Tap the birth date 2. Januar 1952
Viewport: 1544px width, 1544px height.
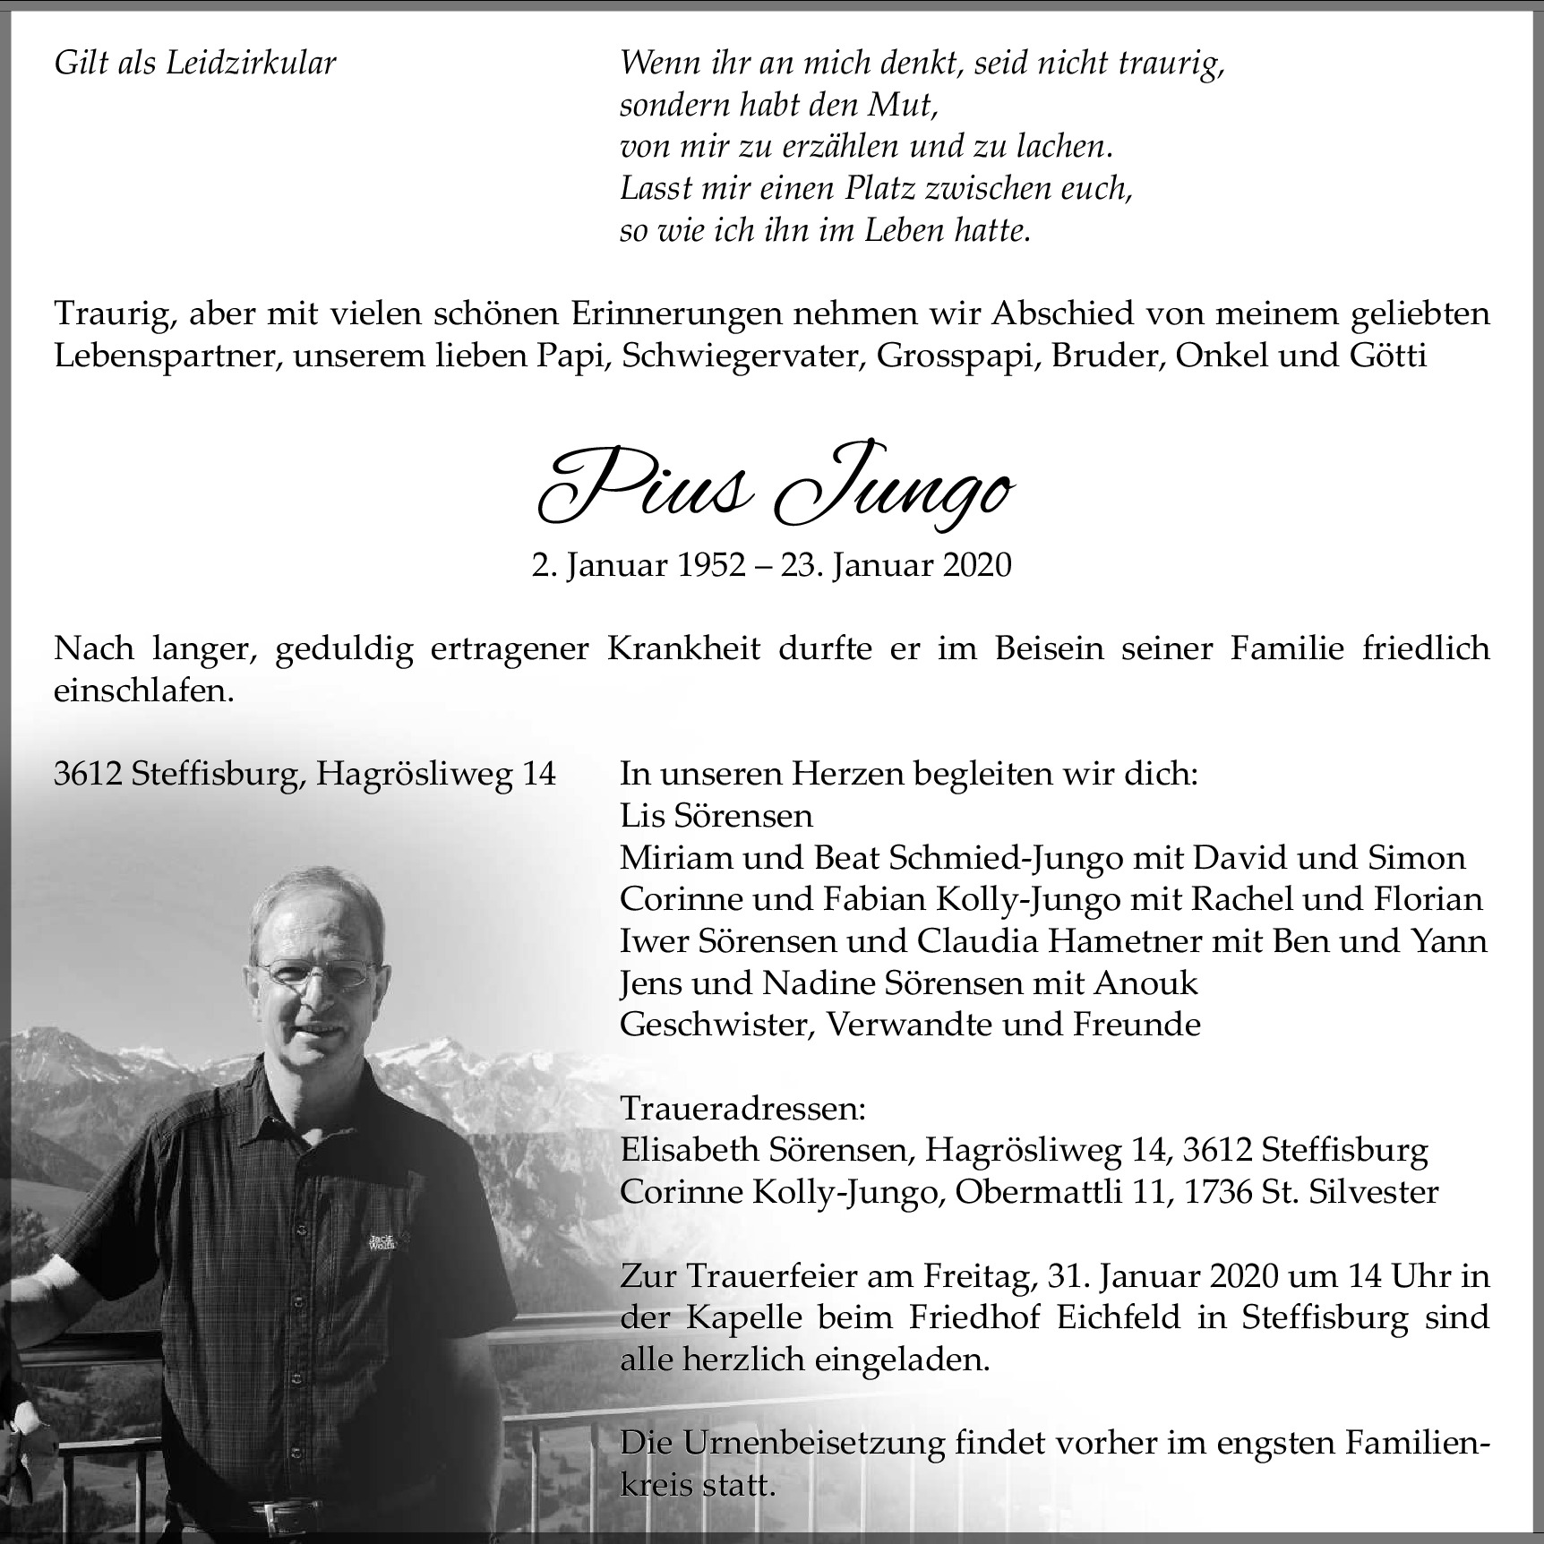pos(638,565)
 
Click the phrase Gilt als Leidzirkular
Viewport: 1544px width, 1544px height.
pos(195,64)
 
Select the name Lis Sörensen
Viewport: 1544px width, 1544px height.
pos(716,815)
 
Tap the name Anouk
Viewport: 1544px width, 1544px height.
pos(1145,982)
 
